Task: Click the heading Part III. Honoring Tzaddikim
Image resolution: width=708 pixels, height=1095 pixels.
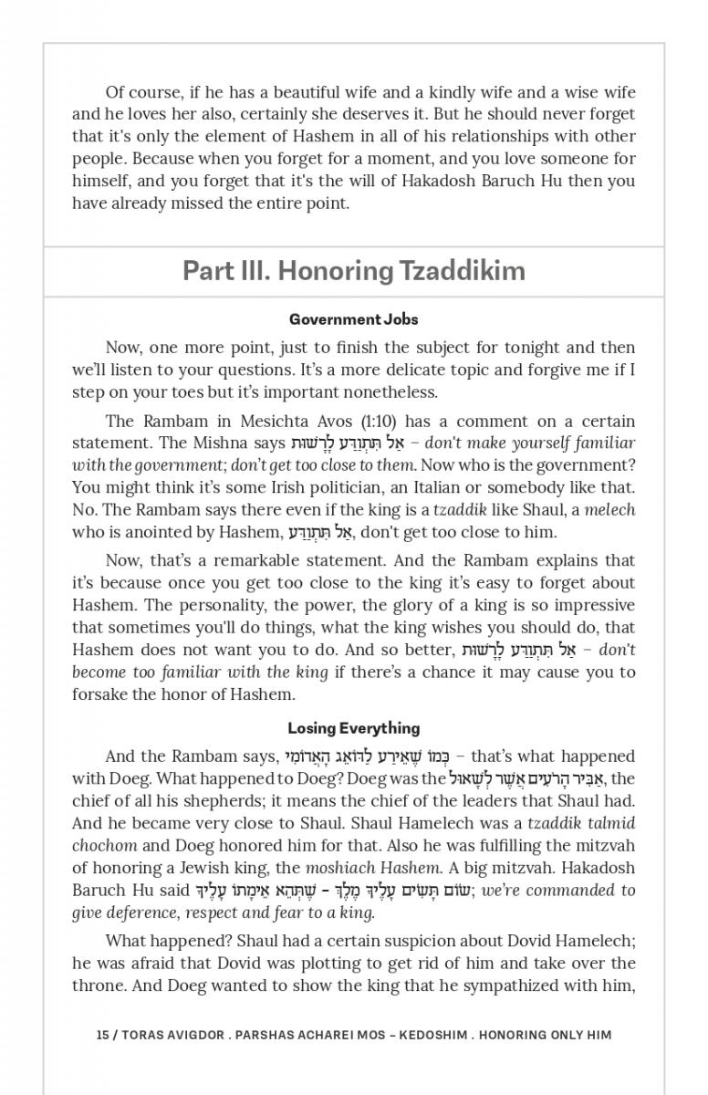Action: pyautogui.click(x=354, y=271)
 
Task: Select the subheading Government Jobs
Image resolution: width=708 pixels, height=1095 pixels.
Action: pyautogui.click(x=354, y=319)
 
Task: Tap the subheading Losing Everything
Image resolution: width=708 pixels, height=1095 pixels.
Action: pyautogui.click(x=354, y=728)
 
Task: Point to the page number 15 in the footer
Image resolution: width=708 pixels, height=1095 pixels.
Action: pyautogui.click(x=102, y=1035)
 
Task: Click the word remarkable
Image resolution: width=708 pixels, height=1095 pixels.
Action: pyautogui.click(x=261, y=560)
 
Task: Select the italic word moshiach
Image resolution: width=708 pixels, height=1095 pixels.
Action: pyautogui.click(x=345, y=867)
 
